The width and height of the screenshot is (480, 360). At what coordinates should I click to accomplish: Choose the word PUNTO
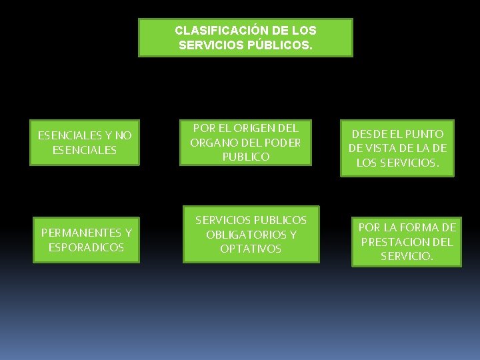pos(427,134)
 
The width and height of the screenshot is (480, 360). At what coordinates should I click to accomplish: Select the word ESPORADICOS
pos(86,247)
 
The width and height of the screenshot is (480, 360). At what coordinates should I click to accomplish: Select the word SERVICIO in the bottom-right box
pos(407,256)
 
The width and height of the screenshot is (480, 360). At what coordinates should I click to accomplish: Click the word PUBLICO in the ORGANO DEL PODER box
pos(246,157)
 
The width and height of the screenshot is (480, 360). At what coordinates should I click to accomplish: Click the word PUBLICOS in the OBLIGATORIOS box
pos(280,220)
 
